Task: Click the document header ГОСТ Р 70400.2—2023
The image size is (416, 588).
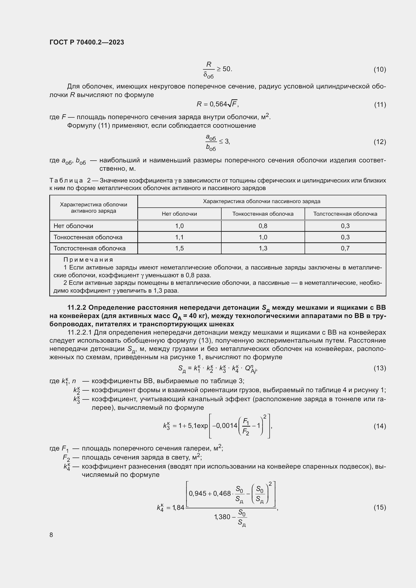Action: [x=87, y=42]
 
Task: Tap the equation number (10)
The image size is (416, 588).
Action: [x=380, y=69]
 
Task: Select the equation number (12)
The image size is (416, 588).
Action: [x=380, y=142]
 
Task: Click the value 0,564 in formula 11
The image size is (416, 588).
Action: [x=218, y=104]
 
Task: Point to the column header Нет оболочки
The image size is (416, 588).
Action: [x=179, y=214]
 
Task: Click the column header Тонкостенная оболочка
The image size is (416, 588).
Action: [x=263, y=214]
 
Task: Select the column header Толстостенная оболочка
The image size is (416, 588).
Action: [x=345, y=214]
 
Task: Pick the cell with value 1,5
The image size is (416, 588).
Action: [x=179, y=248]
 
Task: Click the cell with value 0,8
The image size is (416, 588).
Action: [x=263, y=226]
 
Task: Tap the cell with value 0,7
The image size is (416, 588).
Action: [x=345, y=248]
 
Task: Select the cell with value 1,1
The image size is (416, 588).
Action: [x=179, y=237]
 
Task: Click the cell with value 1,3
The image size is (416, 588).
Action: [x=263, y=248]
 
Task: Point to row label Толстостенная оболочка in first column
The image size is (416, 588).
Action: [x=89, y=248]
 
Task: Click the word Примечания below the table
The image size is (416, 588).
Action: [x=88, y=260]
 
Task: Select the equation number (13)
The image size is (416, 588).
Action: [x=380, y=368]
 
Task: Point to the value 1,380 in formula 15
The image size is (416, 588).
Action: [x=222, y=517]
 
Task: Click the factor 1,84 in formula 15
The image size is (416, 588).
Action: [x=178, y=507]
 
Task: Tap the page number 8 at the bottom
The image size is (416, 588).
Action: [x=51, y=535]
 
